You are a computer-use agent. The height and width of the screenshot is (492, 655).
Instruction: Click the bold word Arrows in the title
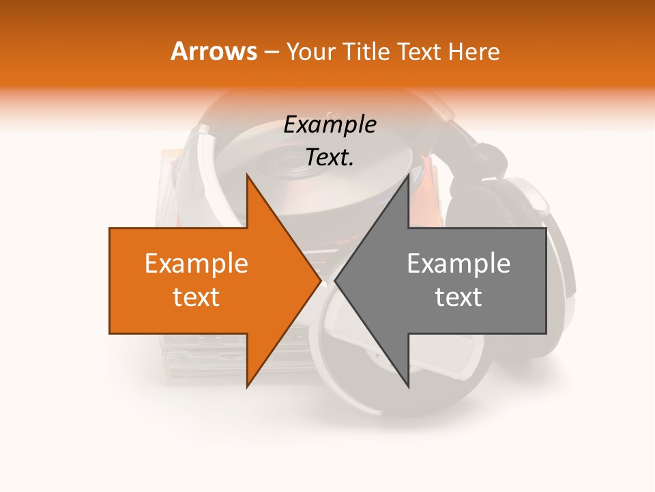point(214,51)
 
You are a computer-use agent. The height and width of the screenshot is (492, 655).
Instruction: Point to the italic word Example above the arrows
point(330,124)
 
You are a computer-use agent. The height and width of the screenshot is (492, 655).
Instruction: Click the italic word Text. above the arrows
point(330,157)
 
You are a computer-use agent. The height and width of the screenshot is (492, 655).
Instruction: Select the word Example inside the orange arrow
point(196,263)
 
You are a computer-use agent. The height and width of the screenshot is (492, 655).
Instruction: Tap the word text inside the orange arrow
point(196,297)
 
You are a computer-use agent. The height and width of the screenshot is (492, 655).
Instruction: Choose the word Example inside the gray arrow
point(458,263)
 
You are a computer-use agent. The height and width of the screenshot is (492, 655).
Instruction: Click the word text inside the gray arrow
point(458,297)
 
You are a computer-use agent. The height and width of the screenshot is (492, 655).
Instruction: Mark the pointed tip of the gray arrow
point(336,280)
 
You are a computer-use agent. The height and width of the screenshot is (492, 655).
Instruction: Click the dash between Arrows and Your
point(270,53)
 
